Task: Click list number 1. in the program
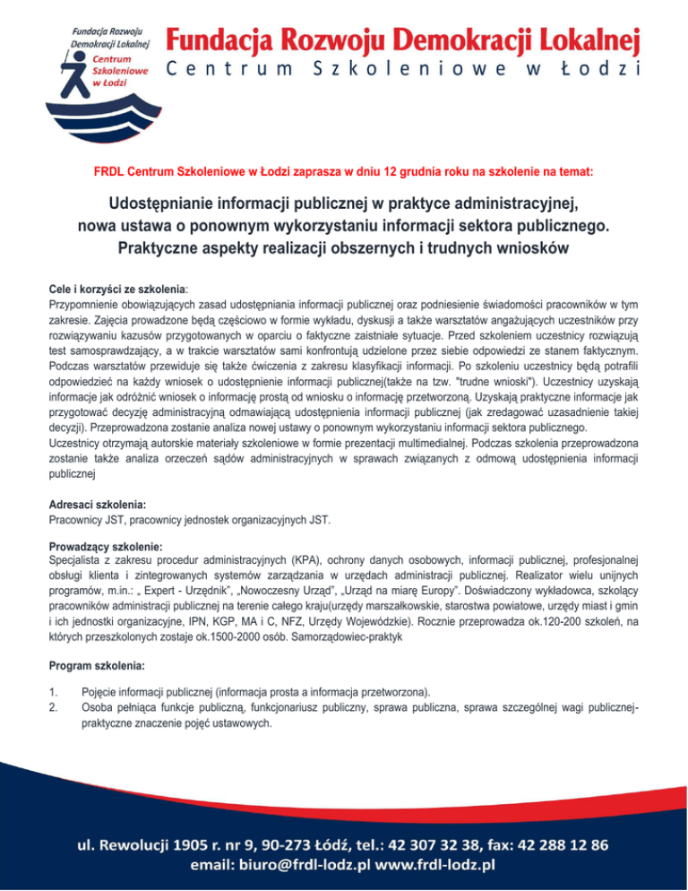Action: coord(55,692)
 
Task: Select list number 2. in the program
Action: coord(55,706)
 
